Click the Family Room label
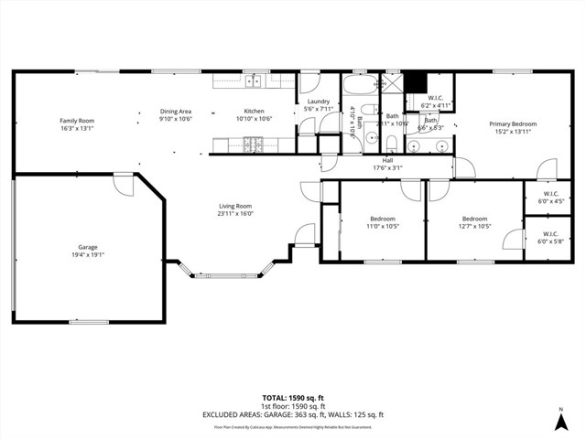pos(77,121)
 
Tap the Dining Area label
pos(175,111)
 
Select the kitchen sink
pos(252,82)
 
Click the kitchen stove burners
pos(253,144)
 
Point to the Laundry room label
pos(318,102)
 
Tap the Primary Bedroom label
pos(512,123)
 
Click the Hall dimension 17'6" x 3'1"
pos(387,168)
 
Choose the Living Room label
pos(234,206)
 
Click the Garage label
pos(88,248)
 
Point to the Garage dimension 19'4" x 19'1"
pos(88,255)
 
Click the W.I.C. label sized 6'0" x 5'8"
pos(550,239)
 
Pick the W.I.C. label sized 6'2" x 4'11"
pos(437,102)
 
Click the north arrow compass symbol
pos(559,420)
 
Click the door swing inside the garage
pos(123,183)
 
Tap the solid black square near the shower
pos(417,80)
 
